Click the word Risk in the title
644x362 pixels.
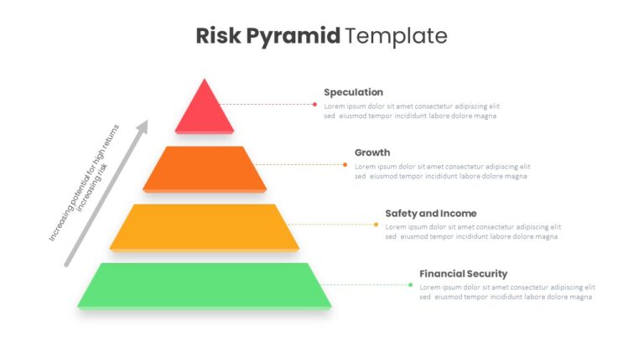[x=218, y=35]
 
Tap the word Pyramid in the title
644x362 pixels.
[x=293, y=37]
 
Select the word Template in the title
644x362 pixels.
[x=396, y=37]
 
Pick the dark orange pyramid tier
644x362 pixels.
[x=205, y=169]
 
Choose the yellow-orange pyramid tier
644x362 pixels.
[x=204, y=227]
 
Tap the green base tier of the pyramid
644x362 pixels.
[x=204, y=286]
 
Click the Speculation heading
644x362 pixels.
[x=353, y=92]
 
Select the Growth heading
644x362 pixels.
[x=372, y=153]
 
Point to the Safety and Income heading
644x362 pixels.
[x=431, y=214]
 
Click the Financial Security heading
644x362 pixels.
[x=463, y=274]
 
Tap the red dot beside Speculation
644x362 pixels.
[x=314, y=104]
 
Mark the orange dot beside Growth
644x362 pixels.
[x=345, y=164]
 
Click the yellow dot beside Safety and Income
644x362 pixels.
[x=376, y=225]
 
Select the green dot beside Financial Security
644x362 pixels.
[x=410, y=285]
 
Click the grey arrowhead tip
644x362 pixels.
[x=147, y=121]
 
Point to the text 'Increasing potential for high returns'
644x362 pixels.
[x=84, y=183]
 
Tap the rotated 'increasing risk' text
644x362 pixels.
[x=92, y=188]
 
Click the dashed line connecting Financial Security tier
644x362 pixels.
[x=365, y=285]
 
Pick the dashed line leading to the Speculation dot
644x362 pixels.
[x=266, y=104]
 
